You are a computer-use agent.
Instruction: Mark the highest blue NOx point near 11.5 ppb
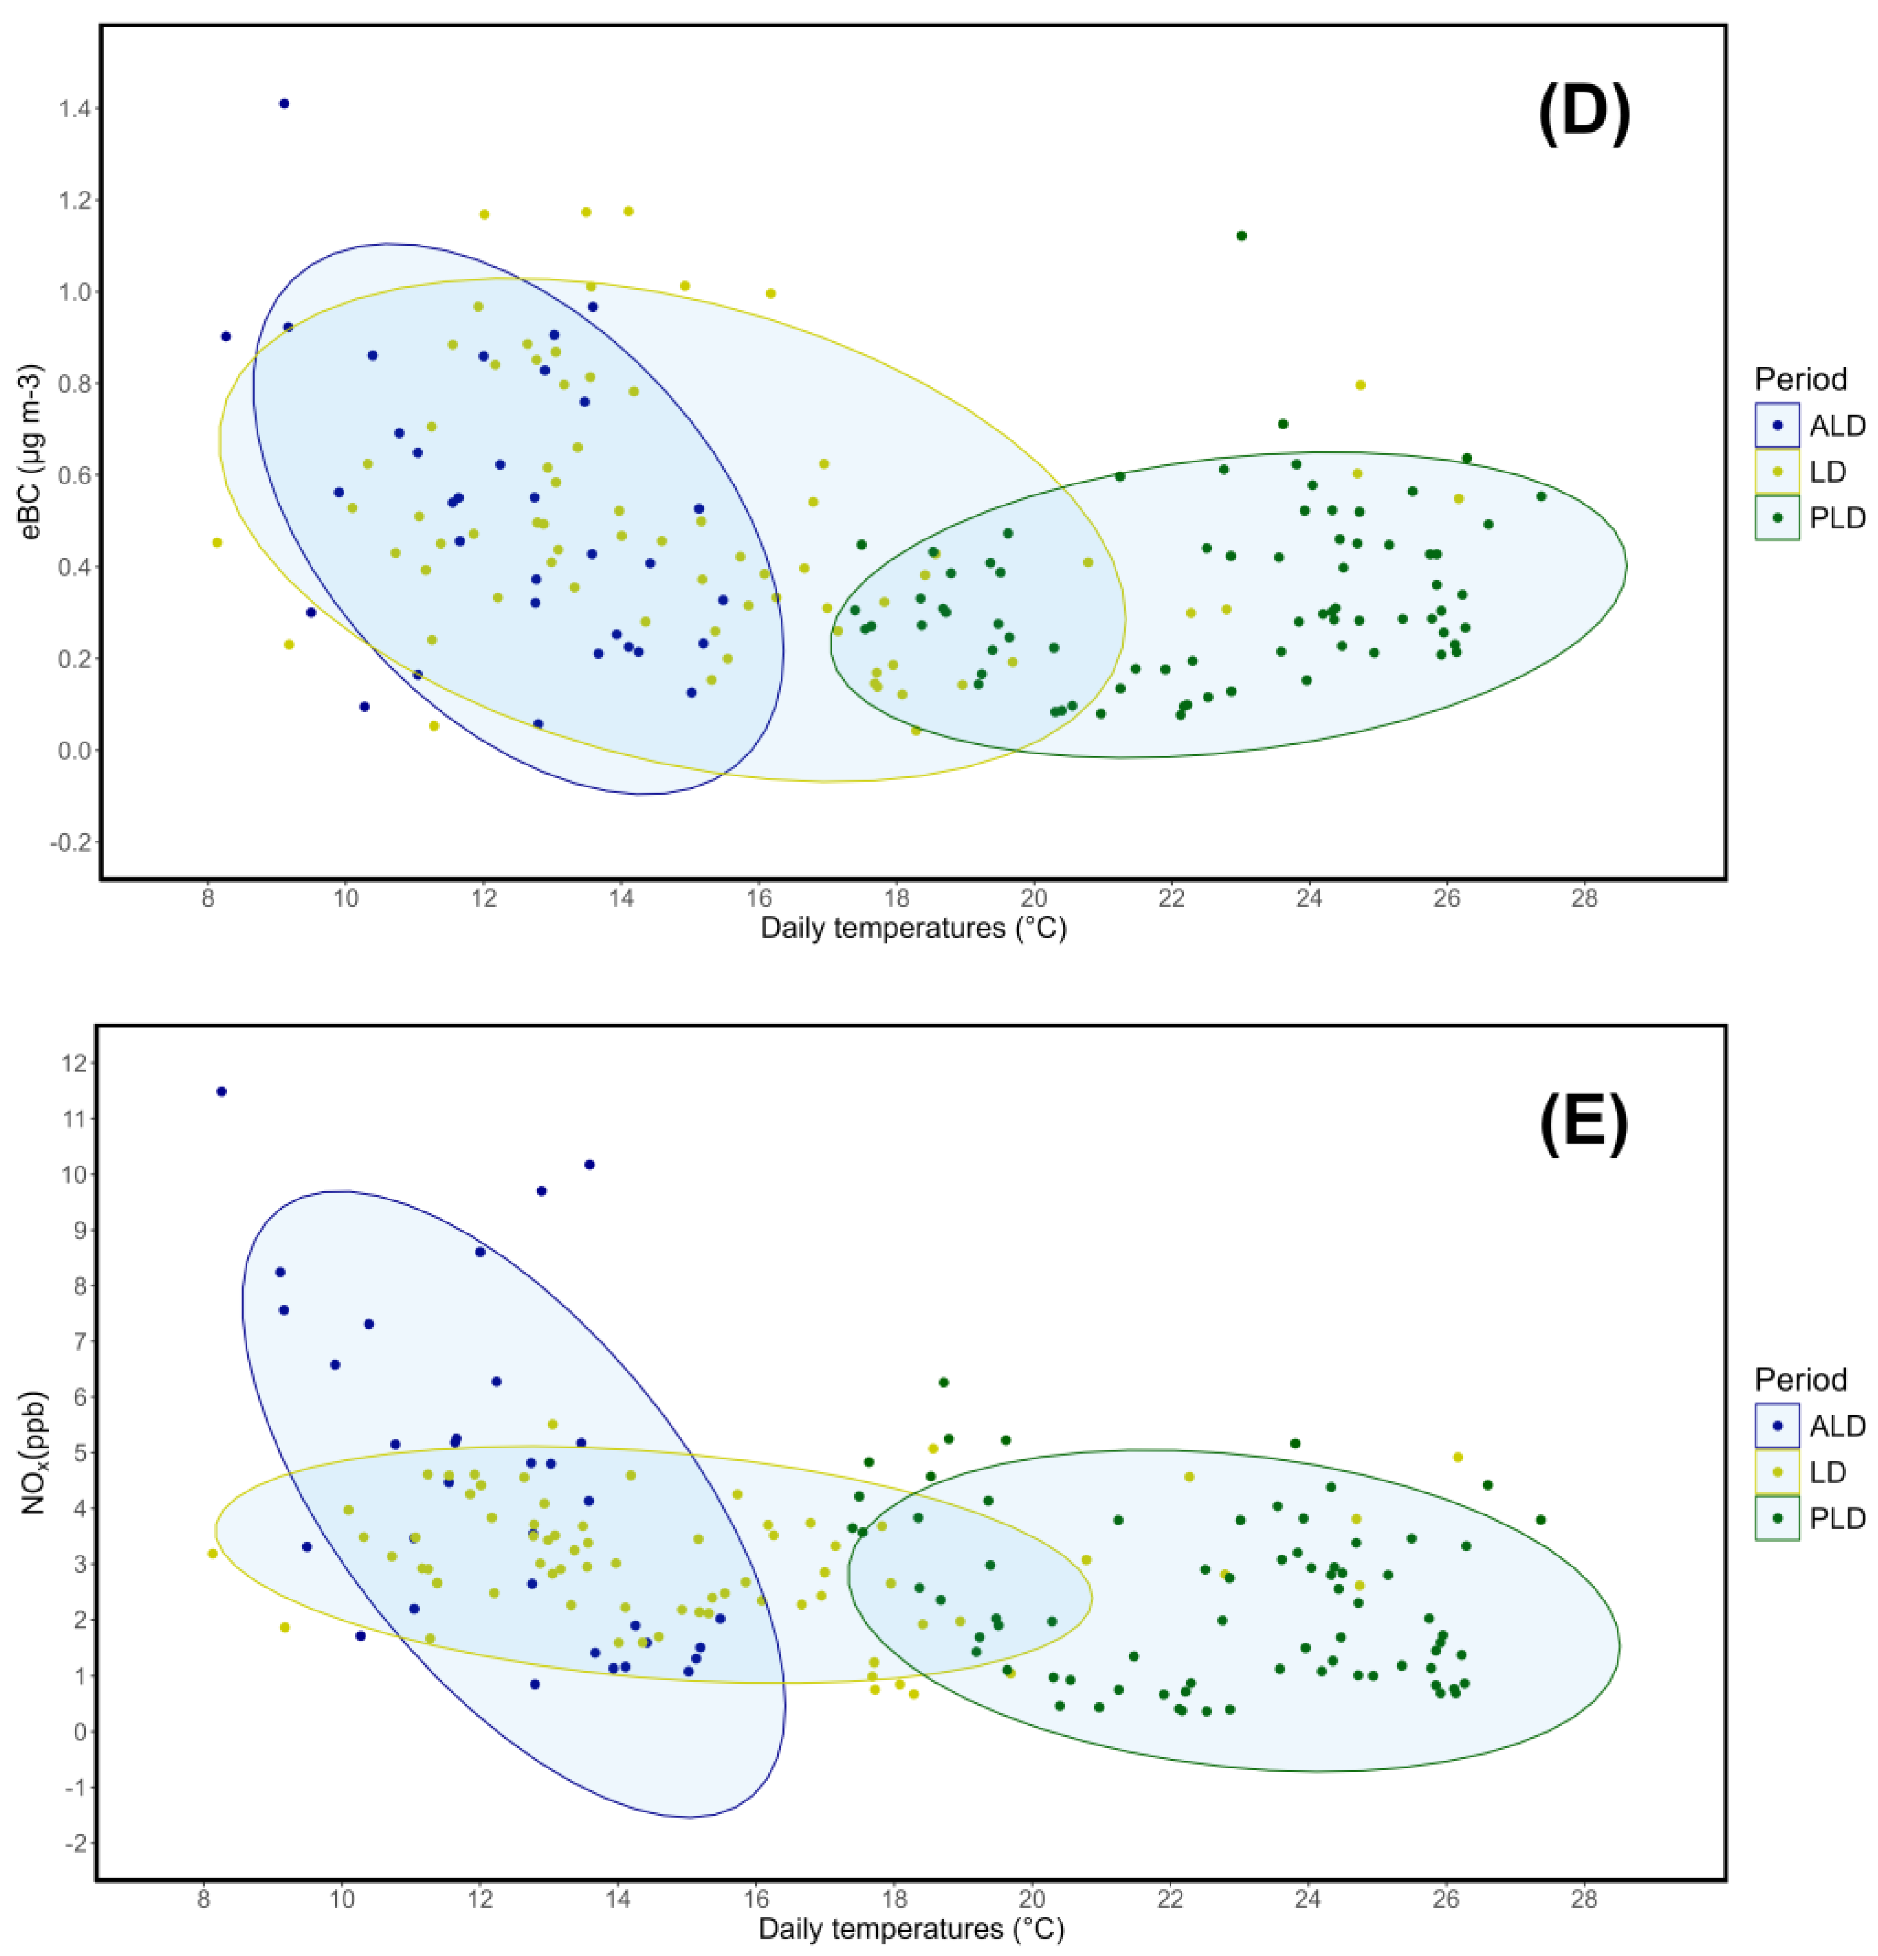(x=222, y=1092)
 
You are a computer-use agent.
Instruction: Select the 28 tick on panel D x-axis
(x=1584, y=898)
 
